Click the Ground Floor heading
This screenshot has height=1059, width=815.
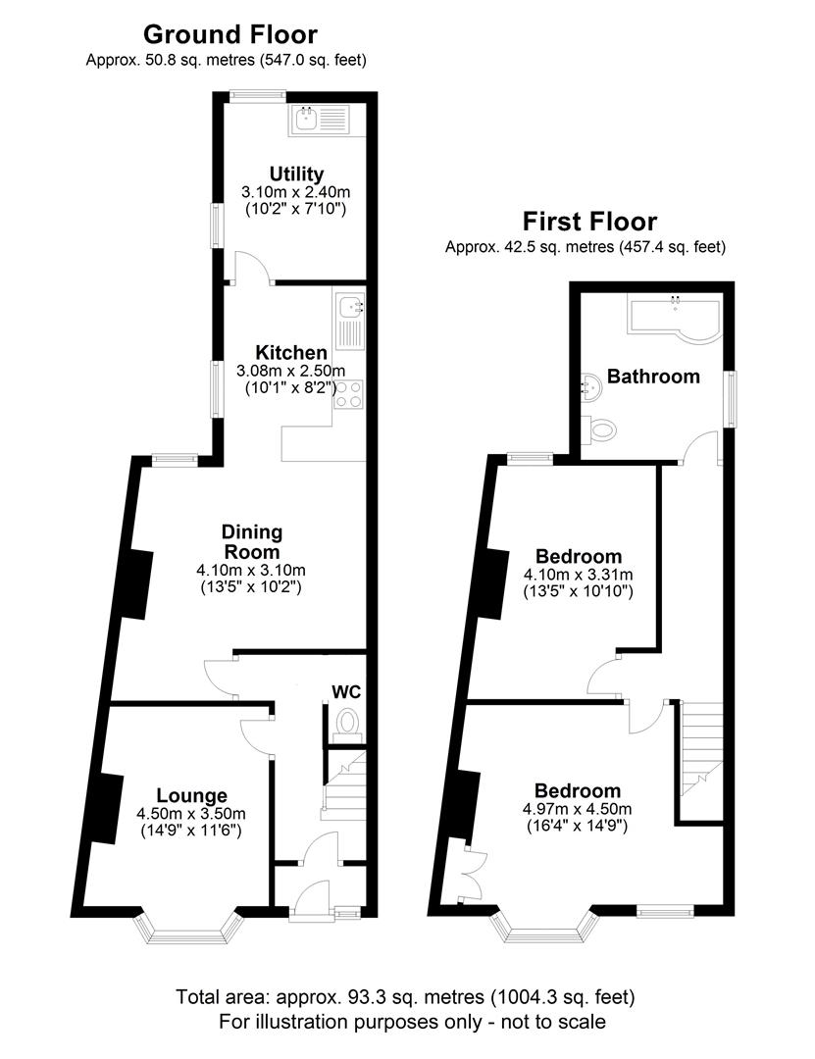(230, 35)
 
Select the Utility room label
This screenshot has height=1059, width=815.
(294, 175)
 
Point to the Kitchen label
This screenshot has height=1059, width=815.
(291, 353)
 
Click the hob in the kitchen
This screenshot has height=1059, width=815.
(350, 396)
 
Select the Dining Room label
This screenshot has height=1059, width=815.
(251, 541)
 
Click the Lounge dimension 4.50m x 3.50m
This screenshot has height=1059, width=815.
(191, 813)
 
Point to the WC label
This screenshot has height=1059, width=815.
(345, 692)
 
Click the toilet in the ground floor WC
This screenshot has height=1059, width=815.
(347, 724)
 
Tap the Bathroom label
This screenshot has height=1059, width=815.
(653, 376)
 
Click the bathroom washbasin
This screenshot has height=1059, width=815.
(591, 387)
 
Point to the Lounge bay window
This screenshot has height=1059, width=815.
(190, 927)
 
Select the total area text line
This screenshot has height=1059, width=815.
(406, 997)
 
